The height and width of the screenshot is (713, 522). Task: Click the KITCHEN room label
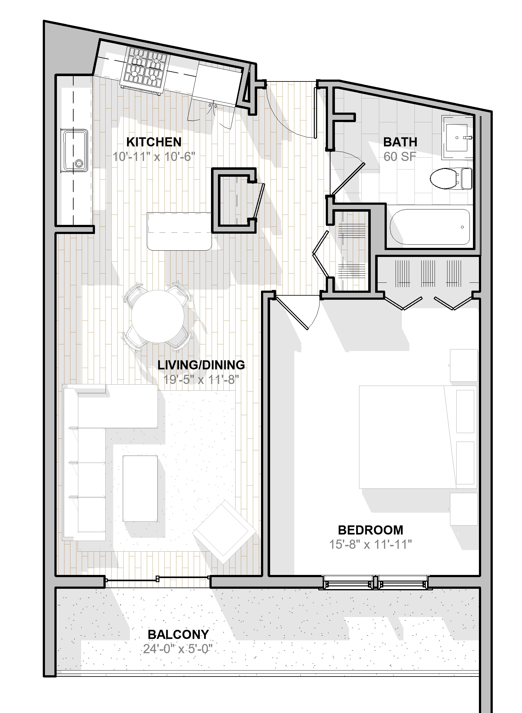click(154, 142)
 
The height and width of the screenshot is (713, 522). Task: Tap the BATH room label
click(400, 142)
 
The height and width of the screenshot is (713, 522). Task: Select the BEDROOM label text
click(370, 530)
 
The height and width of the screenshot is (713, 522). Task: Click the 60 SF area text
click(400, 157)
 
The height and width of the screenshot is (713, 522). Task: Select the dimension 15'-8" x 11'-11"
click(370, 544)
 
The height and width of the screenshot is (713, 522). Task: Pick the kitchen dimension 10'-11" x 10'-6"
click(154, 157)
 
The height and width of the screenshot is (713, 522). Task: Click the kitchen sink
click(75, 150)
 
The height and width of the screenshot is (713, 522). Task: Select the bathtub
click(430, 226)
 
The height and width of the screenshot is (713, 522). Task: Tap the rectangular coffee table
click(140, 489)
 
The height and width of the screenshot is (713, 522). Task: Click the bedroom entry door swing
click(297, 313)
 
